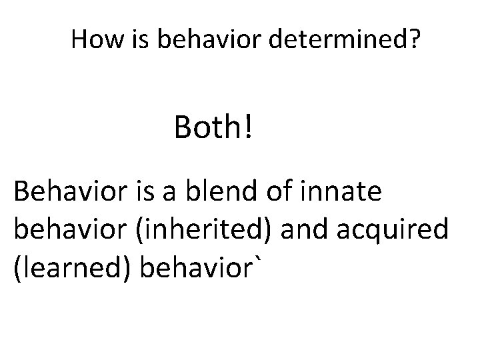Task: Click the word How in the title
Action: pyautogui.click(x=94, y=41)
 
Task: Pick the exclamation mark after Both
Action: pyautogui.click(x=248, y=127)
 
